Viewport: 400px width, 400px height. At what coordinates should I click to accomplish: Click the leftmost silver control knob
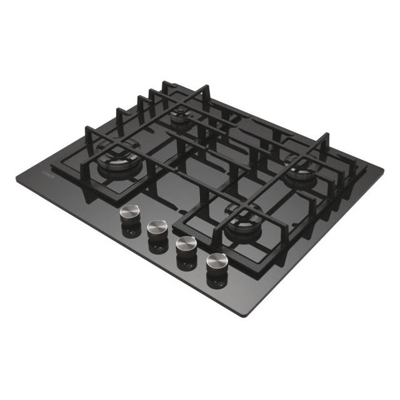(129, 212)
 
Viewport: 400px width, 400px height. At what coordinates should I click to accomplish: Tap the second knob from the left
(157, 227)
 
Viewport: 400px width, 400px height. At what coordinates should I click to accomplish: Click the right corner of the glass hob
(383, 169)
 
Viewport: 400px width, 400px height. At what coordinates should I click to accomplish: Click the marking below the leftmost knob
(130, 234)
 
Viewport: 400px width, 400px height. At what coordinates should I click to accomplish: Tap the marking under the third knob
(186, 266)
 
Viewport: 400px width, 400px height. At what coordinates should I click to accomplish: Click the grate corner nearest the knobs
(177, 223)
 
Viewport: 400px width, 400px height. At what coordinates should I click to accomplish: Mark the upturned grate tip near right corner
(326, 137)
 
